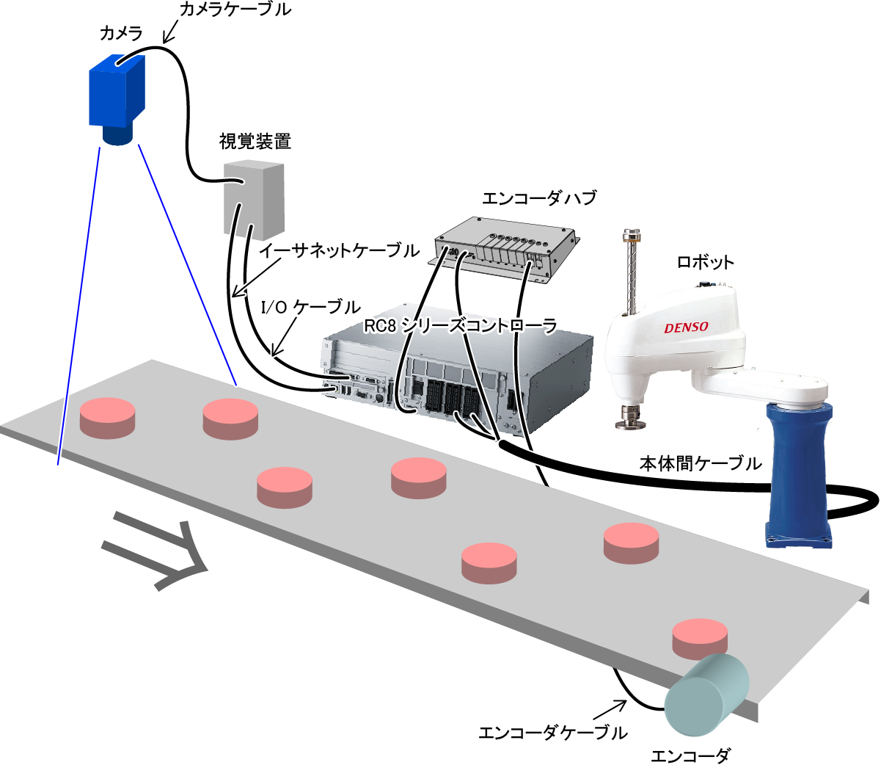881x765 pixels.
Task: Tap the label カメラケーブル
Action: [x=235, y=9]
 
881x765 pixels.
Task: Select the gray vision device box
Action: [x=254, y=200]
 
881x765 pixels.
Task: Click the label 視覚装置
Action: [x=255, y=141]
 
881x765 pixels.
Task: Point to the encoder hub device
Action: [x=503, y=250]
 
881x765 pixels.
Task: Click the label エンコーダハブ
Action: [x=539, y=197]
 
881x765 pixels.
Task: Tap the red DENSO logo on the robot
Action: [x=686, y=327]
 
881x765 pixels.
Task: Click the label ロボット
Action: [x=705, y=262]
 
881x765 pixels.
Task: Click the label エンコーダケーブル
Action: [x=553, y=732]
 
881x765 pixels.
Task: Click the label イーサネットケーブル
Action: [x=339, y=250]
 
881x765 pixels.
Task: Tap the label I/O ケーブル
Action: [x=311, y=306]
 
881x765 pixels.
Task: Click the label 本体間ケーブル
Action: [x=701, y=463]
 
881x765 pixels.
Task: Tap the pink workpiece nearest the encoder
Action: [x=700, y=639]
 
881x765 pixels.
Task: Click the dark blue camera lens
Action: [x=117, y=135]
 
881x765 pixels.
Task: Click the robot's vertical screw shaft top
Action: [x=631, y=235]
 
